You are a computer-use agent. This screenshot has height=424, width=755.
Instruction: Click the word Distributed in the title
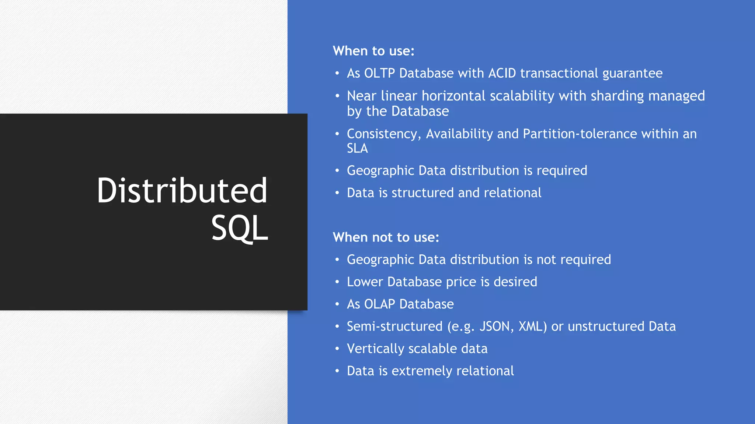[x=182, y=190]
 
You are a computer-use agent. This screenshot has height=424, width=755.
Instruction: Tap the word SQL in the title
[x=239, y=228]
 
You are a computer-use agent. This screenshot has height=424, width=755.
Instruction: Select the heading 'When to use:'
[x=373, y=51]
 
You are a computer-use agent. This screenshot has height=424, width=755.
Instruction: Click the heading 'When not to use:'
[x=386, y=237]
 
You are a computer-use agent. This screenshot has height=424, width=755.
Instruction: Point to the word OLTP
[x=379, y=73]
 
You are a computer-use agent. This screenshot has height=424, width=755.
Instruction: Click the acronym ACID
[x=502, y=73]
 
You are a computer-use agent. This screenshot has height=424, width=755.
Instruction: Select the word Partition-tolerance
[x=580, y=134]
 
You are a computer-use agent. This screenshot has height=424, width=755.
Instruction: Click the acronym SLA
[x=357, y=148]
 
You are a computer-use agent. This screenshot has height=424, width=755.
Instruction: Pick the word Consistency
[x=383, y=134]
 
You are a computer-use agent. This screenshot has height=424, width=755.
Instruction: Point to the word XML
[x=532, y=326]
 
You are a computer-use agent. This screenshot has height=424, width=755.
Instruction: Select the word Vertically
[x=376, y=349]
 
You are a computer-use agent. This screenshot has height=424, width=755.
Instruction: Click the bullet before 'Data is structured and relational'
[x=337, y=192]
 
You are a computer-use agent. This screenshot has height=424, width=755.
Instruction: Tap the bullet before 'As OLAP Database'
[x=337, y=304]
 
